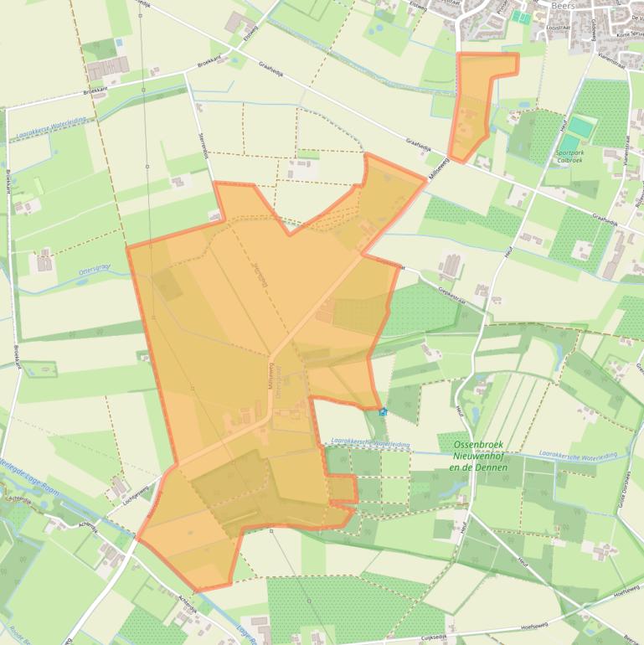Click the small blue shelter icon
click(383, 411)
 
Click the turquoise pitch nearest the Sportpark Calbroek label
click(580, 126)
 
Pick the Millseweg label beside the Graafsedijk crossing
click(439, 168)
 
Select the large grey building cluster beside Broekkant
click(106, 68)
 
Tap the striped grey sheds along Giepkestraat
click(450, 266)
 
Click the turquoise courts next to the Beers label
click(522, 16)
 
